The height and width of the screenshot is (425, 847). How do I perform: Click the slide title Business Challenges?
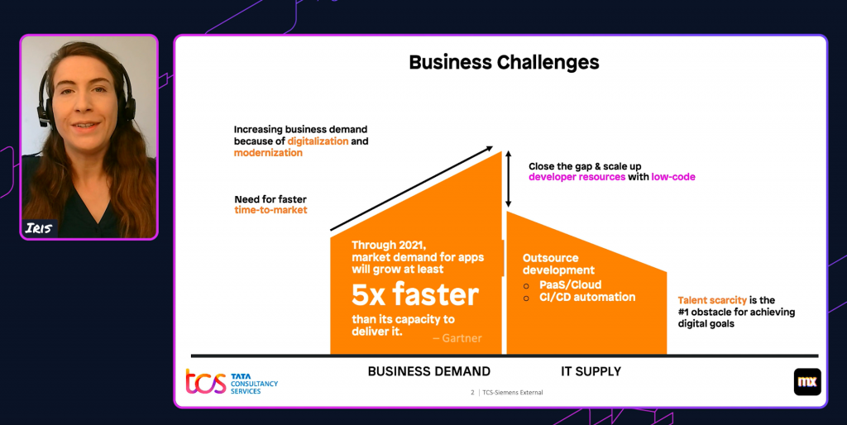tap(504, 62)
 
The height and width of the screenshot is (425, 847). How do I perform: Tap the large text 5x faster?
tap(415, 294)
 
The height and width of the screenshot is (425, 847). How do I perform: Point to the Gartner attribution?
tap(457, 338)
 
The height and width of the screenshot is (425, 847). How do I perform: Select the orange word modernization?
tap(268, 153)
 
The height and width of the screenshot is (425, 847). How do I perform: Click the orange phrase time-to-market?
tap(270, 210)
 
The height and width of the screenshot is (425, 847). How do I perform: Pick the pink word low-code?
tap(673, 177)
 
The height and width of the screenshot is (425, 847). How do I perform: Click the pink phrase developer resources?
tap(577, 177)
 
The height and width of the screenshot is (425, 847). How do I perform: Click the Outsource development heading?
tap(559, 265)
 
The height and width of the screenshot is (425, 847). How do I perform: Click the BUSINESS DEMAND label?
tap(428, 371)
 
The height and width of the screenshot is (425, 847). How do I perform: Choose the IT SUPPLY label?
tap(591, 371)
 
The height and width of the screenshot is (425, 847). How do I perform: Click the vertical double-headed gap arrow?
tap(509, 178)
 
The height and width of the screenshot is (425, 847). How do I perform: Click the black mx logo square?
tap(807, 381)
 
